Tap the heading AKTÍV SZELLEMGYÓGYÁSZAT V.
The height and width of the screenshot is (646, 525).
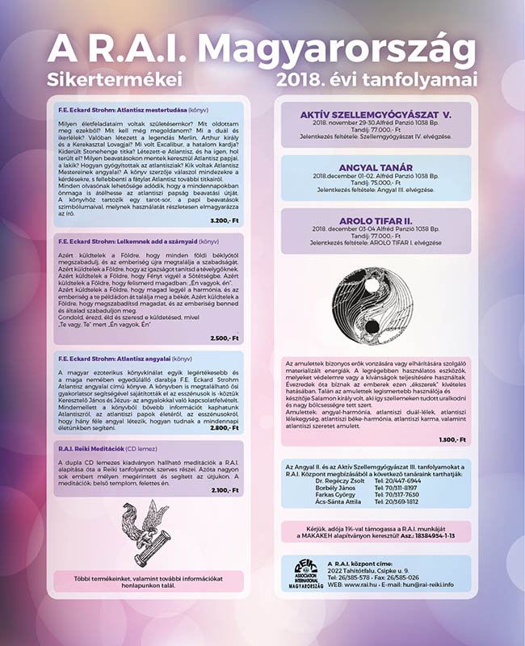[x=375, y=115]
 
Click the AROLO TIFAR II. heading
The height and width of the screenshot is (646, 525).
[x=375, y=219]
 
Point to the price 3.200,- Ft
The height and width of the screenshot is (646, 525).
[x=225, y=220]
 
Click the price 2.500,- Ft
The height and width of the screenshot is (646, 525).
[x=225, y=338]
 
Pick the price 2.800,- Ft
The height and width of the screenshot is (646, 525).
[x=225, y=428]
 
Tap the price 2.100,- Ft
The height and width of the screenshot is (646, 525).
[x=225, y=489]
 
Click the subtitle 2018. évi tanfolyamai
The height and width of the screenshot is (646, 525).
[x=376, y=80]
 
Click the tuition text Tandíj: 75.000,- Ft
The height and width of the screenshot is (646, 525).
[x=375, y=182]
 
